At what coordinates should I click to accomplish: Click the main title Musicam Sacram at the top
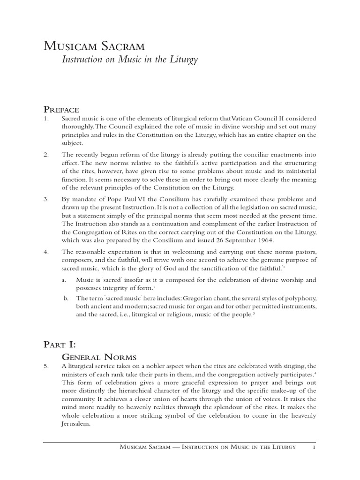pyautogui.click(x=94, y=46)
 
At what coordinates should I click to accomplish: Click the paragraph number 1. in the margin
pyautogui.click(x=46, y=119)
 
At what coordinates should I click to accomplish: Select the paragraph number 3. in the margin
pyautogui.click(x=46, y=199)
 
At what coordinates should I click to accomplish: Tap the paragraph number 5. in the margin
pyautogui.click(x=46, y=366)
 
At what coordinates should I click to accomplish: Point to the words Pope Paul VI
pyautogui.click(x=119, y=199)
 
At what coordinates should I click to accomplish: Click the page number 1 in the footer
pyautogui.click(x=314, y=447)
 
